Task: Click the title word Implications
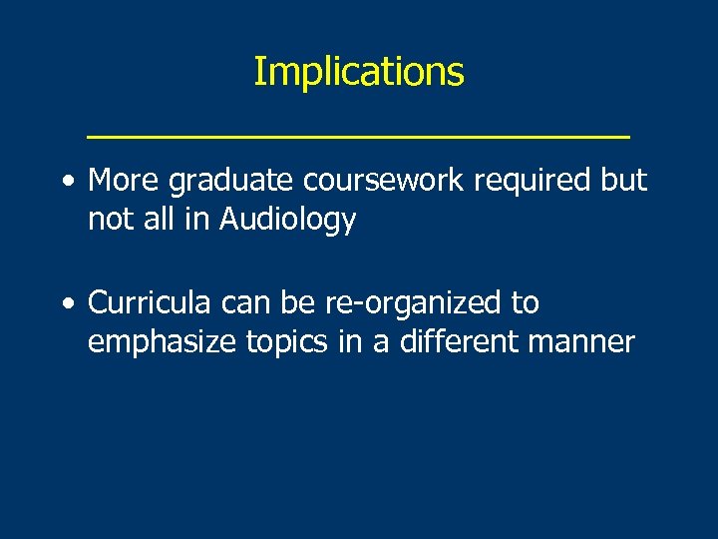(x=359, y=73)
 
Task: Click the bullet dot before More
(x=66, y=183)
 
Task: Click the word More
(x=124, y=181)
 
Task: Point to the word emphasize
(x=160, y=342)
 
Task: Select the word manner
(x=586, y=343)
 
